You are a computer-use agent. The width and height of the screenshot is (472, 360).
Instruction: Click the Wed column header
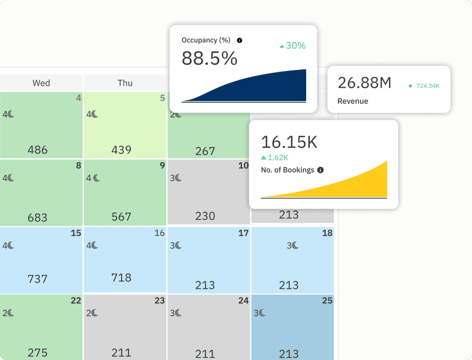pos(41,83)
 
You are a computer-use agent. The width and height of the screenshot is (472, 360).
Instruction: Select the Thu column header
pos(125,83)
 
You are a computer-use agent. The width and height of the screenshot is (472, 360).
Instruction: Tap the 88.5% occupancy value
pos(209,59)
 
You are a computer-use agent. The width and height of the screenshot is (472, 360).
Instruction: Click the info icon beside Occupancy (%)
pos(239,41)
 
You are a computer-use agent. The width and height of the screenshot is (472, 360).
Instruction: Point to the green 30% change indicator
pos(292,46)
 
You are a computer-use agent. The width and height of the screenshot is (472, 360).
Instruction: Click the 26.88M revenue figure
pos(364,83)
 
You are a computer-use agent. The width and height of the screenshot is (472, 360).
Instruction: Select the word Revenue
pos(353,101)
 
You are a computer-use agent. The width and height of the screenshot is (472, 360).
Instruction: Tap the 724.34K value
pos(427,86)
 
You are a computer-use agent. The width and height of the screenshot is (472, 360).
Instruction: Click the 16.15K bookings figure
pos(289,142)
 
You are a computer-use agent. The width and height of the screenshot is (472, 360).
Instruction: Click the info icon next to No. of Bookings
pos(320,170)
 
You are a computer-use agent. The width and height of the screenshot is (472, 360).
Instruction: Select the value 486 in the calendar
pos(37,150)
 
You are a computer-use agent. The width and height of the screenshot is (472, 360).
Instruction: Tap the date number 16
pos(159,233)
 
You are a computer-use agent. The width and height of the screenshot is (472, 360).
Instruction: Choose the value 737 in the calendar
pos(37,279)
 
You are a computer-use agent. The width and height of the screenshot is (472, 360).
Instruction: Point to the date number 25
pos(327,301)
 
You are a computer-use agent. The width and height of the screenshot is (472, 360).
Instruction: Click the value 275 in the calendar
pos(37,353)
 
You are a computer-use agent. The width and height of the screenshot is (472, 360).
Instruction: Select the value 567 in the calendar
pos(121,217)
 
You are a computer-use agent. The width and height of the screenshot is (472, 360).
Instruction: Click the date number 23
pos(159,301)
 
